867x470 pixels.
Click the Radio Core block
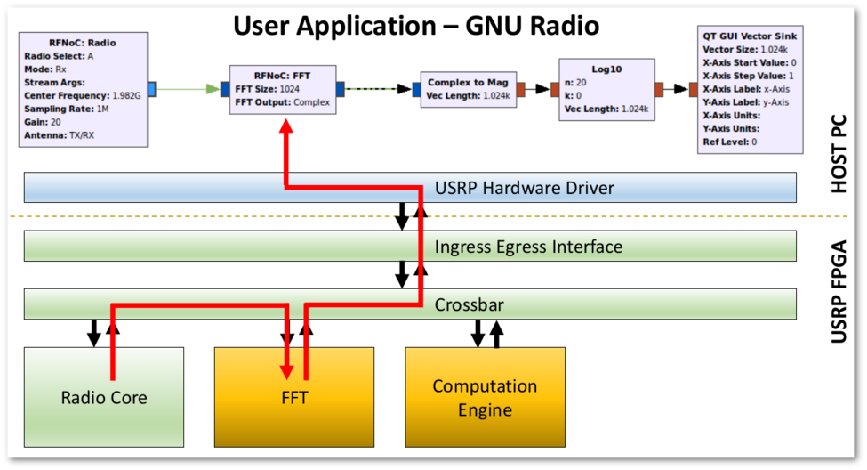point(103,397)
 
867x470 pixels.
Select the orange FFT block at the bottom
point(294,397)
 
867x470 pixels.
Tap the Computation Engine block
point(485,397)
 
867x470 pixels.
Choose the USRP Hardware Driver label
point(524,188)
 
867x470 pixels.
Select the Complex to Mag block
point(467,89)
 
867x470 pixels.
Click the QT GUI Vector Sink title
point(750,36)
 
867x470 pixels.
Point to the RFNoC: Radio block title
point(82,42)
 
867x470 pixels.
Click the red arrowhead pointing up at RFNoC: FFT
point(286,127)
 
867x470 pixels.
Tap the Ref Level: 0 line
point(729,142)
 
